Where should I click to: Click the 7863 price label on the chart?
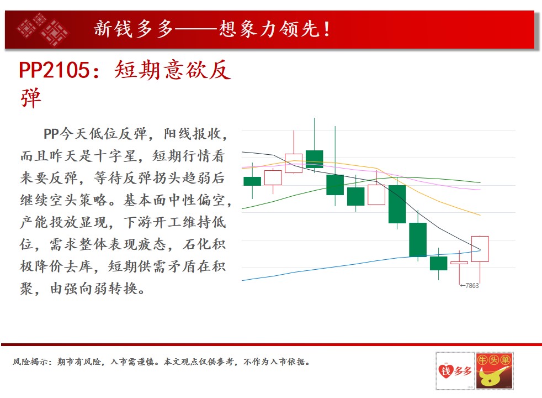[x=472, y=286]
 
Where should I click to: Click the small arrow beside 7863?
[x=463, y=286]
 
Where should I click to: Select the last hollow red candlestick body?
[x=480, y=249]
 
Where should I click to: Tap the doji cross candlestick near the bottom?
[x=459, y=263]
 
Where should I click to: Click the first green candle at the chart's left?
[x=252, y=181]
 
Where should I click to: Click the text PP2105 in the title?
[x=54, y=70]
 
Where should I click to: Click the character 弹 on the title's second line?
[x=31, y=98]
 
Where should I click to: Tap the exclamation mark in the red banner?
[x=326, y=29]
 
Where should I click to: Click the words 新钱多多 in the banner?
[x=134, y=29]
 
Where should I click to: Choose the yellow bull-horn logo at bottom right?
[x=494, y=371]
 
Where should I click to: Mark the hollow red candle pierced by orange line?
[x=294, y=164]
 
